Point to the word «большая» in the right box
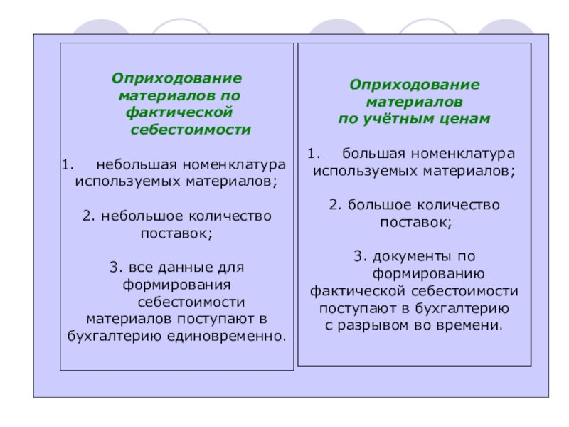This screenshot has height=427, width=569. click(374, 154)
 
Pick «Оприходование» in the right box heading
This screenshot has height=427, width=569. click(414, 85)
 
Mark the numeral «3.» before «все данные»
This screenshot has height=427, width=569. click(117, 268)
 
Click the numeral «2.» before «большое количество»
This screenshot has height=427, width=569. click(335, 205)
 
